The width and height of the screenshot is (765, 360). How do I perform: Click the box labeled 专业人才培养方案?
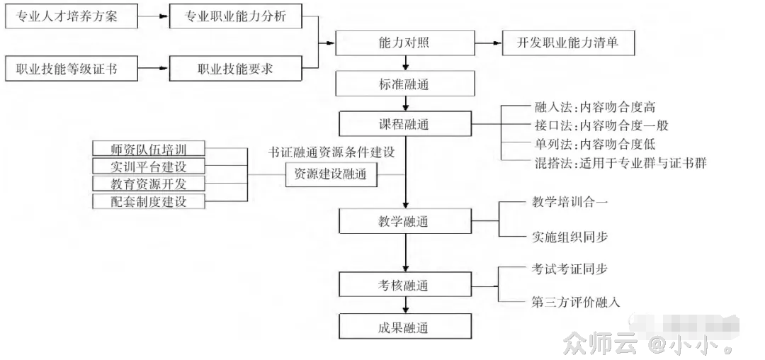(72, 17)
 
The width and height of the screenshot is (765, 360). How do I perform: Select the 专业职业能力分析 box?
(235, 17)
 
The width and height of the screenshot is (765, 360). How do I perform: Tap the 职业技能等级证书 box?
(72, 69)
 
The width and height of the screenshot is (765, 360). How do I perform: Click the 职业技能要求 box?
(235, 69)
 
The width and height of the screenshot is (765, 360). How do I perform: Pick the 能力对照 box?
(404, 43)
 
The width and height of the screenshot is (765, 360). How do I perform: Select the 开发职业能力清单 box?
(567, 43)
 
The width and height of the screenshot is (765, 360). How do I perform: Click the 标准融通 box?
(404, 84)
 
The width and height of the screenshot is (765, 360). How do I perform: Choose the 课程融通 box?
(404, 125)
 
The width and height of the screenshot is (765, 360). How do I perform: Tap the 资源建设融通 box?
(331, 174)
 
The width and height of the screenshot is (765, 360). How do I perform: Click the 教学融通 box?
(404, 221)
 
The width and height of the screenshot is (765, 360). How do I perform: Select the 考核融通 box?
(404, 285)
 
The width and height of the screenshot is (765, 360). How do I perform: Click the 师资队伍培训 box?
(149, 150)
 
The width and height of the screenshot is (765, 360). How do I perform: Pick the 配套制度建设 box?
(149, 201)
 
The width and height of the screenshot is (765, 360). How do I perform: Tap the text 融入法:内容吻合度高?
(594, 108)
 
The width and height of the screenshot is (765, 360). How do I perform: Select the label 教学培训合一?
(569, 202)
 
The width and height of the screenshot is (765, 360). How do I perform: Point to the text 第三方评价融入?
(576, 302)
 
